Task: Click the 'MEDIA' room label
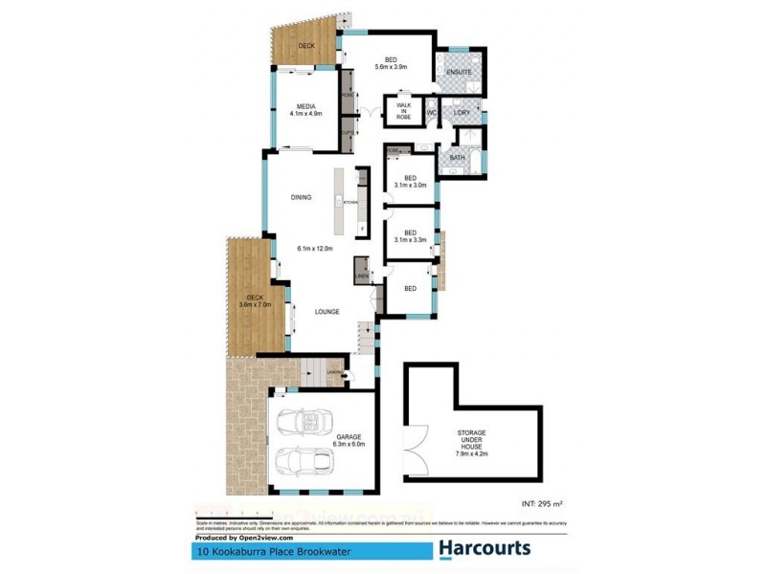coord(306,106)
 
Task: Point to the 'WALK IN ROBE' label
coord(403,110)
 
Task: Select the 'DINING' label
coord(302,197)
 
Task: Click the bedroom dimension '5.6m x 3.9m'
coord(390,67)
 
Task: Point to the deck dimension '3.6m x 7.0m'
coord(255,305)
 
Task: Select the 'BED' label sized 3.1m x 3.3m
coord(410,232)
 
